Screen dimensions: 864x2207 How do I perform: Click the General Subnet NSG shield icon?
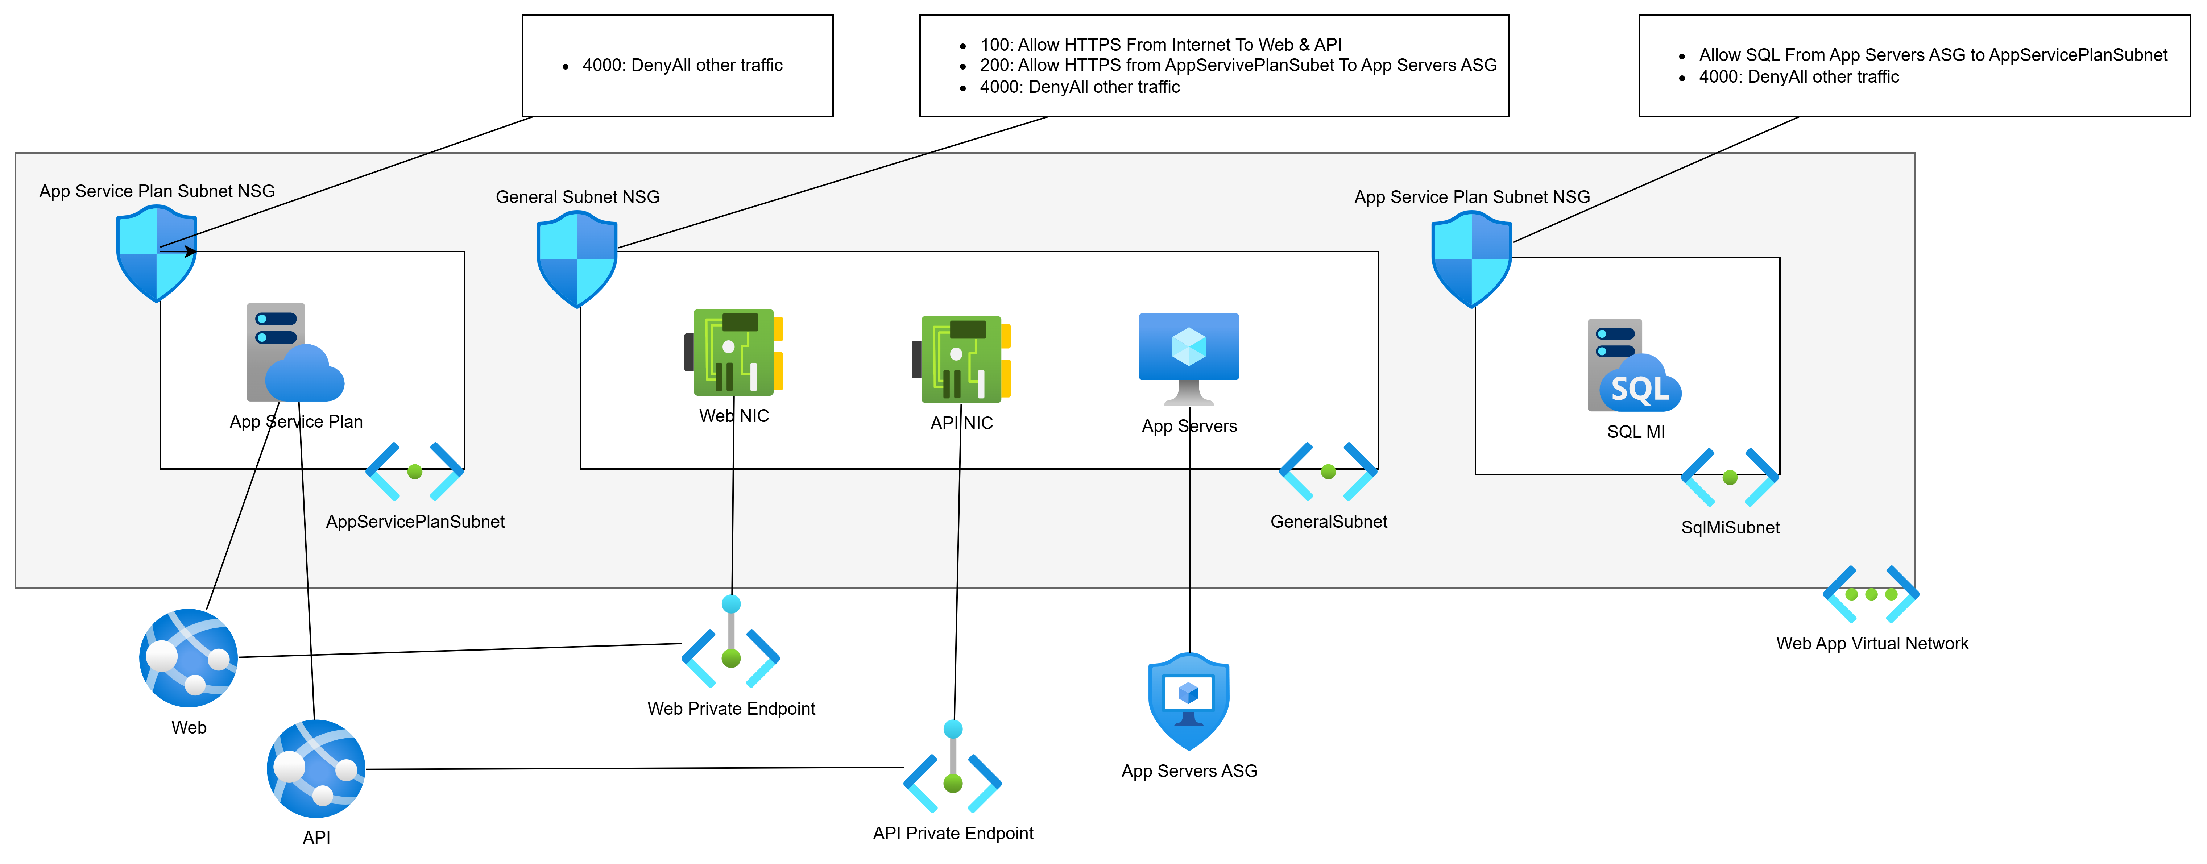[x=577, y=259]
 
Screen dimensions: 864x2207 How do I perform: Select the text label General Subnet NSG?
[x=577, y=197]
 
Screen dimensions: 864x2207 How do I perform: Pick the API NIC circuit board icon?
[x=961, y=359]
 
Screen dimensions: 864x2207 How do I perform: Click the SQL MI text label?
[x=1636, y=432]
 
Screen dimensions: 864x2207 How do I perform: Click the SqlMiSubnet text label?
[x=1730, y=527]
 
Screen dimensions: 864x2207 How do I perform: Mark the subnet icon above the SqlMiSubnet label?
[x=1730, y=477]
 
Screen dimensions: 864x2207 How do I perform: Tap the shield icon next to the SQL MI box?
[x=1471, y=259]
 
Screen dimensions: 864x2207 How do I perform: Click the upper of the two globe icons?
[x=189, y=658]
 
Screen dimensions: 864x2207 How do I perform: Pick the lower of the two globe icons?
[x=316, y=768]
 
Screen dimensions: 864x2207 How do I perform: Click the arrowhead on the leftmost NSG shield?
[x=190, y=252]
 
